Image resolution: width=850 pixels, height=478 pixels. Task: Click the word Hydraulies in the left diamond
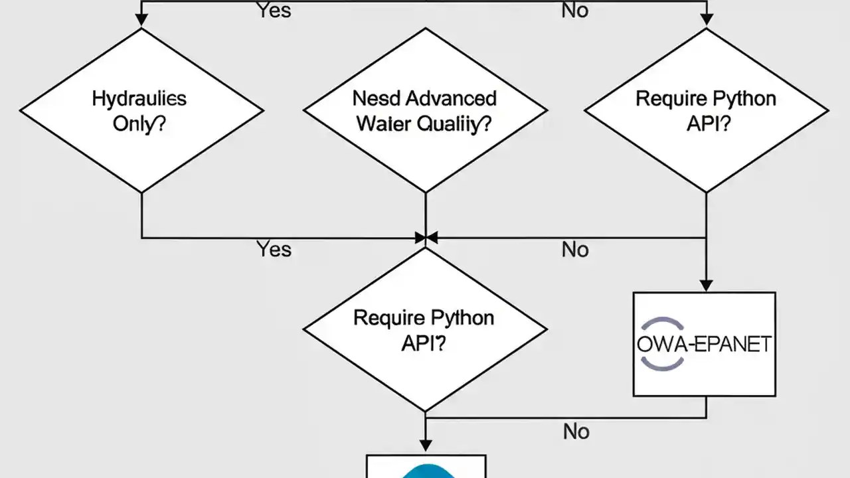139,99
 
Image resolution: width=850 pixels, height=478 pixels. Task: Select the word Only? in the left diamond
139,124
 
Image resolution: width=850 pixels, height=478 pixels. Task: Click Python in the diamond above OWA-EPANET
742,99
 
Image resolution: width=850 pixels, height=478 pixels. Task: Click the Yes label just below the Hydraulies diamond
274,250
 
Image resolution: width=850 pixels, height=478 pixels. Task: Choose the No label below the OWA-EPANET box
576,432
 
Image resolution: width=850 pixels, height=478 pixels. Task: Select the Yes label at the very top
274,10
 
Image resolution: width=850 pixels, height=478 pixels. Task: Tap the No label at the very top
575,10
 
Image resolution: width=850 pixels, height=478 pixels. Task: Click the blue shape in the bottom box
425,471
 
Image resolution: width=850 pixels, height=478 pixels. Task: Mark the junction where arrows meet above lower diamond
425,238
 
